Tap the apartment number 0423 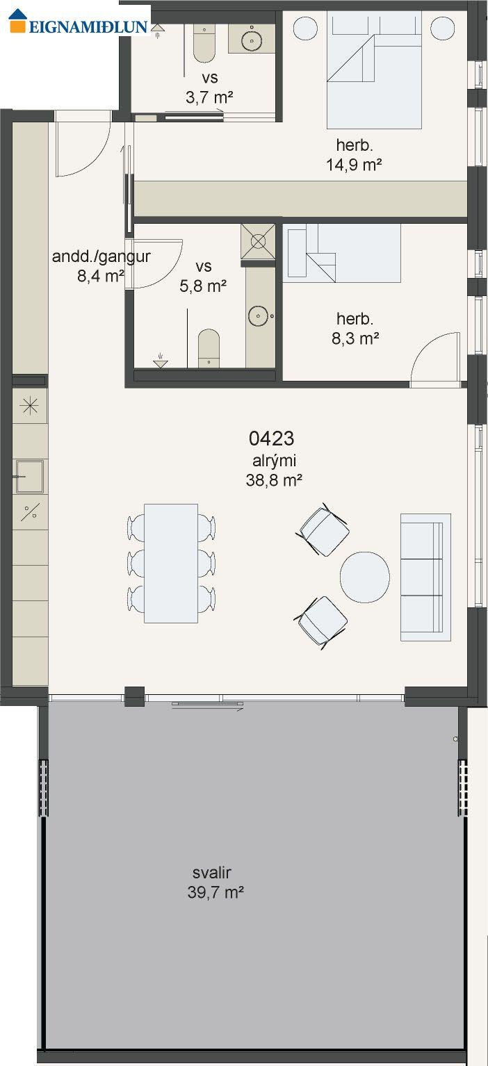click(x=271, y=438)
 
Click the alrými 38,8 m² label click(x=274, y=470)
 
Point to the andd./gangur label click(x=101, y=256)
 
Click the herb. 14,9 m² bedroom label click(x=355, y=155)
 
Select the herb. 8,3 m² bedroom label click(x=355, y=329)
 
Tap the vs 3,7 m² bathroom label click(x=209, y=87)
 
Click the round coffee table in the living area click(x=365, y=577)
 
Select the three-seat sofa click(x=425, y=577)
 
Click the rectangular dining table click(x=171, y=564)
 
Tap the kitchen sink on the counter click(x=29, y=476)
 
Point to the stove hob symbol click(x=29, y=406)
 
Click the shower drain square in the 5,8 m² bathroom click(x=258, y=241)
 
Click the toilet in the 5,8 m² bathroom click(x=209, y=348)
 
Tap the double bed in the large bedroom click(x=374, y=70)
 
